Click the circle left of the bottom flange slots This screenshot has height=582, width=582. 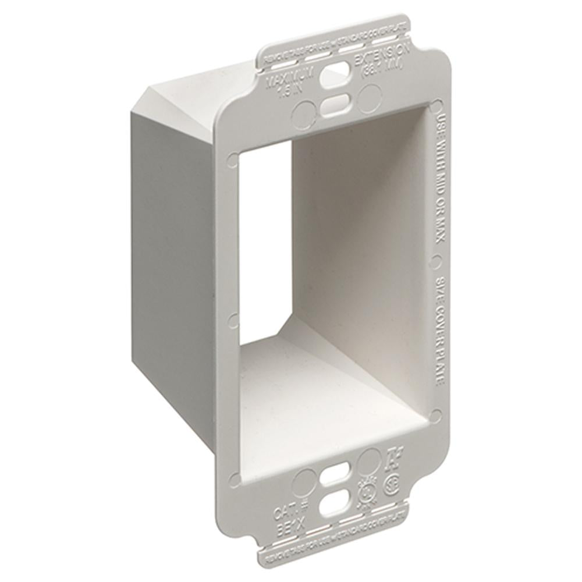click(x=303, y=482)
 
